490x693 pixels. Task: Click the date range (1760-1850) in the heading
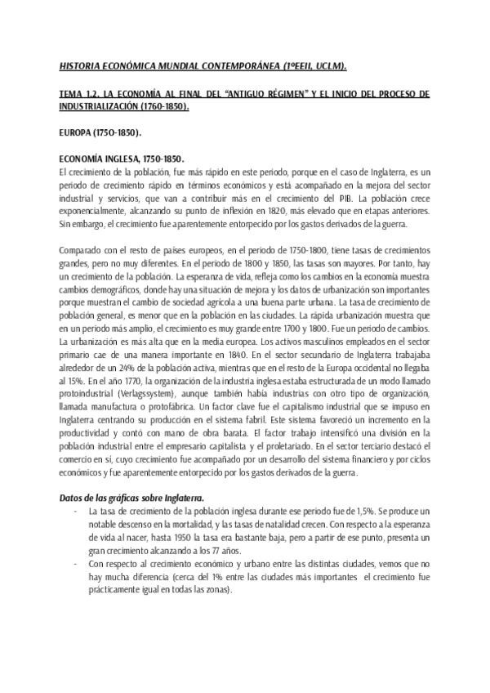[x=167, y=106]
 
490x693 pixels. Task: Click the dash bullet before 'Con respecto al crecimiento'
[x=75, y=563]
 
